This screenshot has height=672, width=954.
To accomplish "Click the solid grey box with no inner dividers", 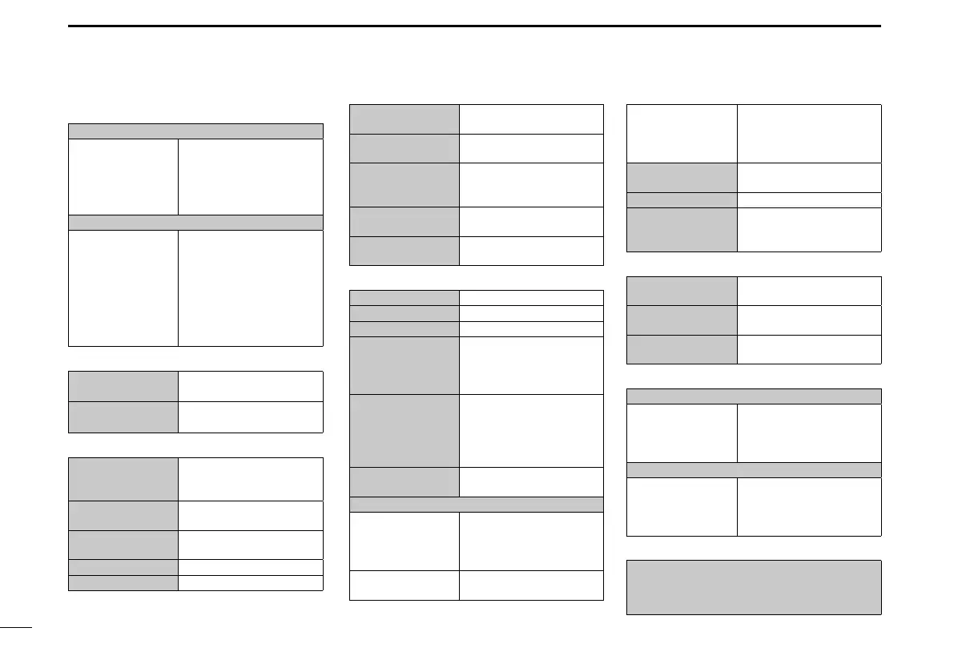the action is click(753, 587).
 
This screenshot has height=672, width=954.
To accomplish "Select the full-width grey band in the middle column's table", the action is click(477, 504).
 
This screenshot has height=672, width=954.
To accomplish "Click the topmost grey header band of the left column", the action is click(195, 131).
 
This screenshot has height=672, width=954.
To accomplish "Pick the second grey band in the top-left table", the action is click(195, 222).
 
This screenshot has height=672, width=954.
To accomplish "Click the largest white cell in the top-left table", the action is click(250, 288).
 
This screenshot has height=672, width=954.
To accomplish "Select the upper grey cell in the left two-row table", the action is click(123, 384).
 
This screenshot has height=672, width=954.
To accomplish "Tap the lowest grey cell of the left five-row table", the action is click(123, 582).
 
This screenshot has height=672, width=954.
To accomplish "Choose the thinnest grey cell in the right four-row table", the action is click(681, 199).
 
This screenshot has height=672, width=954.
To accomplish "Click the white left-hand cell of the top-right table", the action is click(681, 133).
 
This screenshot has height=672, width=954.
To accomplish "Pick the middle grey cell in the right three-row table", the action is click(681, 319).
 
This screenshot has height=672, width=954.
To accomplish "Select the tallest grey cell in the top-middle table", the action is click(405, 184).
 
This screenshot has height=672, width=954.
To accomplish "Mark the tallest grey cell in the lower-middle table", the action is click(405, 430).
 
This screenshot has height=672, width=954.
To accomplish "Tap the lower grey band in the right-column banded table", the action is click(753, 469).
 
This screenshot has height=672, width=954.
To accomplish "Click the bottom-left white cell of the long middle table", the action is click(405, 585).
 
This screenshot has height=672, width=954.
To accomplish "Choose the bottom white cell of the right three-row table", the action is click(808, 349).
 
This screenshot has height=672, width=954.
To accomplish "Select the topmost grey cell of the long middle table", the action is click(405, 297).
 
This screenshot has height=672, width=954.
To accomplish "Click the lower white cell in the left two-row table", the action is click(250, 416).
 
